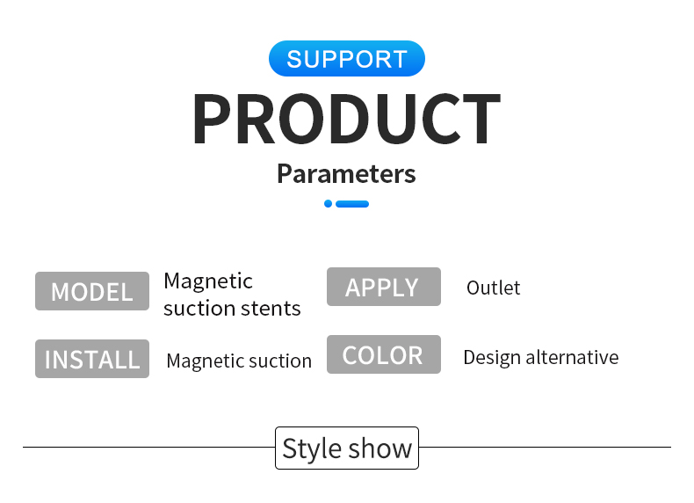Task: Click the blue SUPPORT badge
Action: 346,59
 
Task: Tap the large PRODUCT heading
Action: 346,119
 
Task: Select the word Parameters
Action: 346,174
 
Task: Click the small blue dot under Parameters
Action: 328,203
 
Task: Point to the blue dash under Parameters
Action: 352,204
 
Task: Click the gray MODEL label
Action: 92,291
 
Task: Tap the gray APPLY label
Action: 384,287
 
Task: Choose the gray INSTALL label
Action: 92,359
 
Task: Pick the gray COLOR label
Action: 384,354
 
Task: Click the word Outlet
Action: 493,288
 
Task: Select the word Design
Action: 492,358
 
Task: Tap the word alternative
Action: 572,357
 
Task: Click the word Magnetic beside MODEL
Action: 208,281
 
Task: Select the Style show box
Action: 347,448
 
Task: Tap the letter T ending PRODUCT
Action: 481,119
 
